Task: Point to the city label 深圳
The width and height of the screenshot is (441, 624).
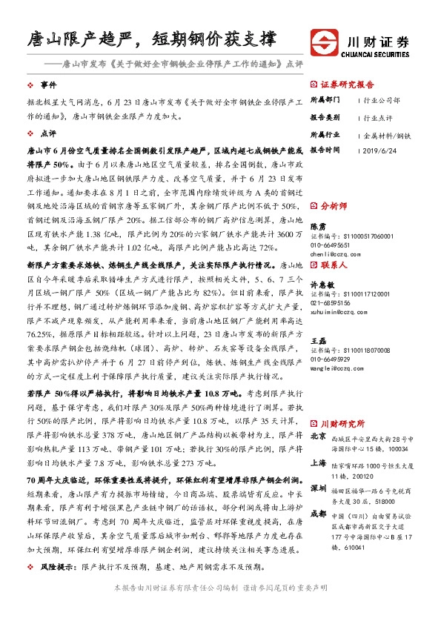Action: tap(317, 489)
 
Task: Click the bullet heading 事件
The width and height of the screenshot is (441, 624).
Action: tap(48, 86)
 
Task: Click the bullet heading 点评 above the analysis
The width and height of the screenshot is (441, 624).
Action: tap(48, 133)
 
